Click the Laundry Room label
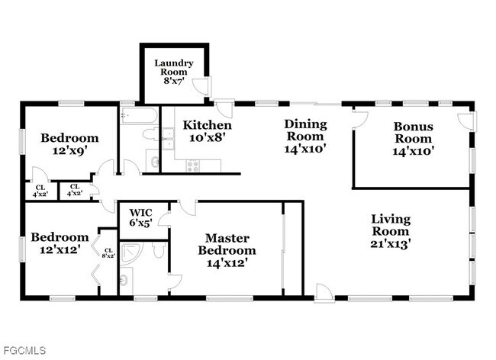[x=174, y=69]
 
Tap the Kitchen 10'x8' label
[x=208, y=131]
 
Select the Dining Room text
[x=305, y=136]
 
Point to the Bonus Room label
[x=413, y=138]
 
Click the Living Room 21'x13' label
[x=391, y=231]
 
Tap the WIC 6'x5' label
[x=141, y=217]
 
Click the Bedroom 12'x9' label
[x=69, y=144]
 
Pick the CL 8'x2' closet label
[x=108, y=252]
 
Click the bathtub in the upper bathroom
[x=140, y=116]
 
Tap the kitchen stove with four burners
[x=192, y=164]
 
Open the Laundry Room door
[x=201, y=88]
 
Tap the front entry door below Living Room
[x=324, y=291]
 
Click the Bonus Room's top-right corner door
[x=464, y=120]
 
